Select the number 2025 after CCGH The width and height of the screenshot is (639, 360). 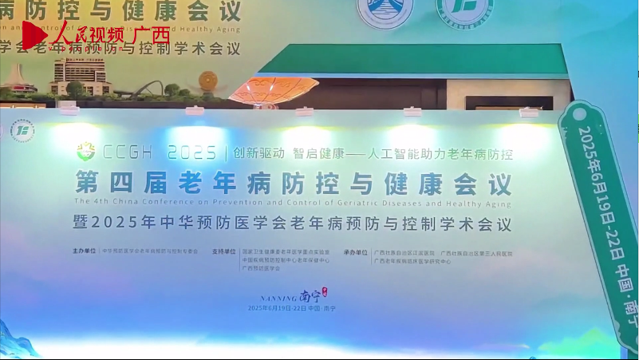pyautogui.click(x=191, y=152)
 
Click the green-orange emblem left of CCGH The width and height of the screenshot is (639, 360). pyautogui.click(x=85, y=150)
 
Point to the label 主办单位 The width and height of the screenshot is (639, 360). pyautogui.click(x=83, y=251)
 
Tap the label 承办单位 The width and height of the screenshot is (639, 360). pyautogui.click(x=356, y=251)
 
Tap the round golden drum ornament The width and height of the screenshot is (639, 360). pyautogui.click(x=208, y=82)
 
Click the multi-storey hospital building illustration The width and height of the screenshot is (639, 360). pyautogui.click(x=80, y=76)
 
